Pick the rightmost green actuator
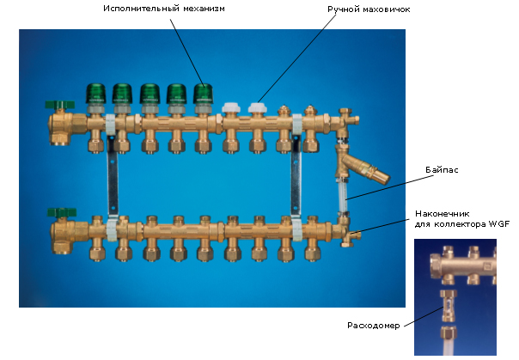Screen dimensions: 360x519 (x=204, y=94)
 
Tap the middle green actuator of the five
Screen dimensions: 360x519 (x=150, y=94)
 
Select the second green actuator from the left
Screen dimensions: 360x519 (x=122, y=94)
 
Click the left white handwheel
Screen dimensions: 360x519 (x=229, y=111)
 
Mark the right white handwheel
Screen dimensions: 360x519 (x=256, y=110)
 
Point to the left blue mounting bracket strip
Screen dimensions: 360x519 (x=111, y=179)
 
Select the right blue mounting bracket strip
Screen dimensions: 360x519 (x=297, y=179)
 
